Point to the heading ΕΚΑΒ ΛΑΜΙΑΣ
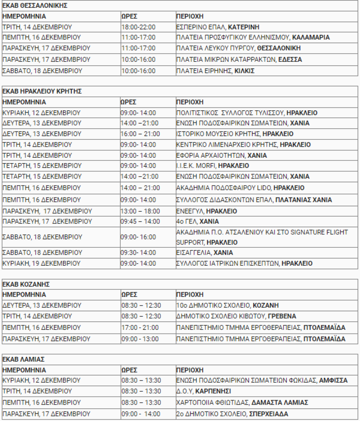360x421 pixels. tap(24, 359)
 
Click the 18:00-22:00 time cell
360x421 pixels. tap(139, 27)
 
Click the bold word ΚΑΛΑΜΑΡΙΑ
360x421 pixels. tap(311, 38)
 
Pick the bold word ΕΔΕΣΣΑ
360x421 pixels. tap(290, 60)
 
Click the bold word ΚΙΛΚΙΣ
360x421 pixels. tap(245, 71)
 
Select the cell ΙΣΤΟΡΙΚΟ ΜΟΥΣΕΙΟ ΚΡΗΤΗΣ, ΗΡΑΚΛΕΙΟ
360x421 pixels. tap(235, 134)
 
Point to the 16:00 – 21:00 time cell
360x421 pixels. tap(140, 134)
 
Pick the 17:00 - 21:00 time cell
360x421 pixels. tap(140, 328)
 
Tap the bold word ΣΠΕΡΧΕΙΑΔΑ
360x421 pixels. tap(268, 414)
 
